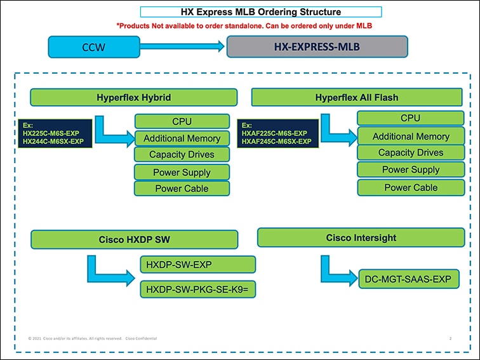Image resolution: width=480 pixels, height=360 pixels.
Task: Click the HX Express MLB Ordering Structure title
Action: click(260, 12)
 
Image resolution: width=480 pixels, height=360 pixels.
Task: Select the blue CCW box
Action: click(95, 47)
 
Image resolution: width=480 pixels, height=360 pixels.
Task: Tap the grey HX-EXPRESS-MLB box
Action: click(317, 46)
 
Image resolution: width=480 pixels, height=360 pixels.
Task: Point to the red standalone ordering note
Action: click(244, 26)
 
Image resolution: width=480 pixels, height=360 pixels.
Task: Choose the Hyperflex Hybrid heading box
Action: click(133, 97)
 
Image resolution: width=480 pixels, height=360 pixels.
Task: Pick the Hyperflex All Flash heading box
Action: click(356, 97)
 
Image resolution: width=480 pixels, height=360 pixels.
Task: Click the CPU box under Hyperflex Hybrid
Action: click(182, 121)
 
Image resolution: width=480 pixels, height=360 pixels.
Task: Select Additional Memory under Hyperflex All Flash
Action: click(410, 136)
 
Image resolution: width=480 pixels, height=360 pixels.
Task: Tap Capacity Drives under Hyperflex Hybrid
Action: click(182, 155)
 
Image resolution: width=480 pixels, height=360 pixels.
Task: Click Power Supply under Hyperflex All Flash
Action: click(410, 170)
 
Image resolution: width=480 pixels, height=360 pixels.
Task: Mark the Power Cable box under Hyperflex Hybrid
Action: click(182, 189)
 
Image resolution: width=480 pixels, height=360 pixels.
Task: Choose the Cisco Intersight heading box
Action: click(361, 237)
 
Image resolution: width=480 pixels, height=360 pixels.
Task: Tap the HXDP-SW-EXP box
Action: click(197, 264)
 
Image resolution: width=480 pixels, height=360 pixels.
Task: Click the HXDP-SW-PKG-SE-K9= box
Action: click(197, 290)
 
